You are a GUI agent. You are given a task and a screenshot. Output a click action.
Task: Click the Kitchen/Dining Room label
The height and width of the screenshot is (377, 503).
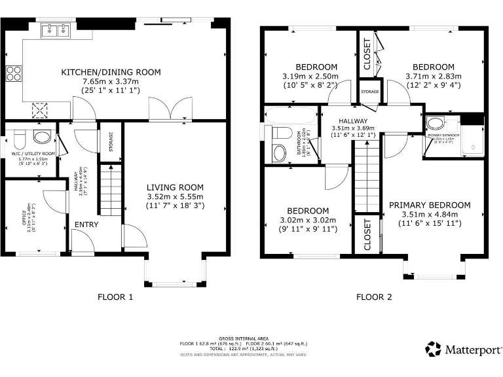pyautogui.click(x=111, y=72)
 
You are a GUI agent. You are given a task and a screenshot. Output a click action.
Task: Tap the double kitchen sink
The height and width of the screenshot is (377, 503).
pyautogui.click(x=55, y=29)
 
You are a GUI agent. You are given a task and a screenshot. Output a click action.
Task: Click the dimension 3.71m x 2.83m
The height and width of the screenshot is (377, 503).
pyautogui.click(x=433, y=76)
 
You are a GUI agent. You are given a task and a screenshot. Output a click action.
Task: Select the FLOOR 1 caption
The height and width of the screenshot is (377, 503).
pyautogui.click(x=115, y=296)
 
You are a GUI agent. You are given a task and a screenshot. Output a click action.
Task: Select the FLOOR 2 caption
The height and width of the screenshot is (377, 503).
pyautogui.click(x=374, y=296)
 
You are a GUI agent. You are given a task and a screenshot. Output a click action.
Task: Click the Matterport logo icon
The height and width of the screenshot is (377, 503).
pyautogui.click(x=432, y=348)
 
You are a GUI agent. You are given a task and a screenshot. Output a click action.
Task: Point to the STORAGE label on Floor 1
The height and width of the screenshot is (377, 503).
pyautogui.click(x=110, y=142)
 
